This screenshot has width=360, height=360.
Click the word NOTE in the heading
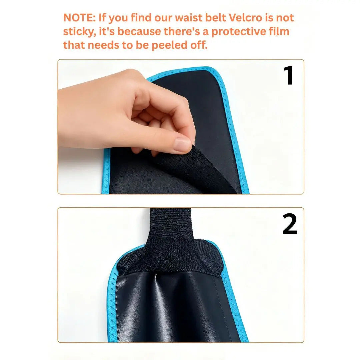tap(79, 18)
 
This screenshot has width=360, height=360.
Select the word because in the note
tap(139, 31)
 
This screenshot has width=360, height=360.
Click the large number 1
tap(289, 75)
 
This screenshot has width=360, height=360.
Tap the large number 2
tap(290, 224)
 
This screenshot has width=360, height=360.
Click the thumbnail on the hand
tap(183, 145)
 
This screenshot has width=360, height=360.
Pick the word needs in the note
tap(103, 45)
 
